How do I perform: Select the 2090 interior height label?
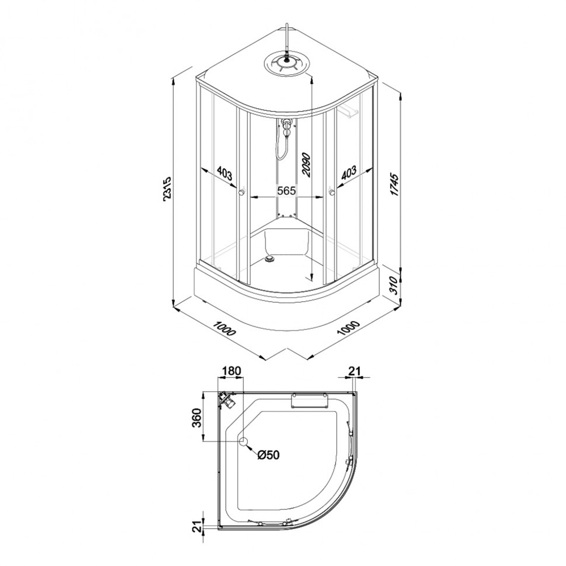point(306,165)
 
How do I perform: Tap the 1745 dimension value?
point(395,185)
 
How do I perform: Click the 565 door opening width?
point(286,191)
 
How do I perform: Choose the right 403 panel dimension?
point(349,173)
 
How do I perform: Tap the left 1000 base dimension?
point(224,328)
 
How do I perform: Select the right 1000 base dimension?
point(349,328)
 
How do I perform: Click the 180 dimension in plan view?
point(231,371)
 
